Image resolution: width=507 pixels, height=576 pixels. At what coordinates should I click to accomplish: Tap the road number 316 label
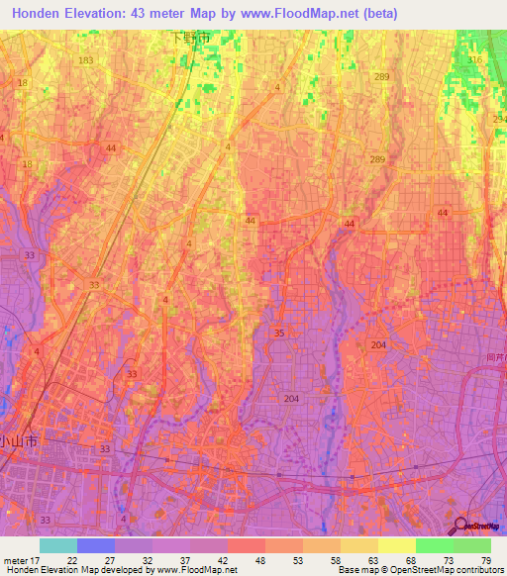475,60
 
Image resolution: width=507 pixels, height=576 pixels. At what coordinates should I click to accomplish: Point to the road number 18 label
27,164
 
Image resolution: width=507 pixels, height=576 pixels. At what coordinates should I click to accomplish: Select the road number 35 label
279,334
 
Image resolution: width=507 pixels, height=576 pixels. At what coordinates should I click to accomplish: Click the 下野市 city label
190,38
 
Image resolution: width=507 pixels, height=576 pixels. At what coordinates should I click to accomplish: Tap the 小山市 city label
18,441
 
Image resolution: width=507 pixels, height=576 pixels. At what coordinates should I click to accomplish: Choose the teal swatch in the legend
58,545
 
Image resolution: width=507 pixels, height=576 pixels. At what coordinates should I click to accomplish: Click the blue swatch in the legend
96,545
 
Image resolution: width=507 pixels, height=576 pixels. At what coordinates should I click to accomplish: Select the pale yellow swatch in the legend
397,545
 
